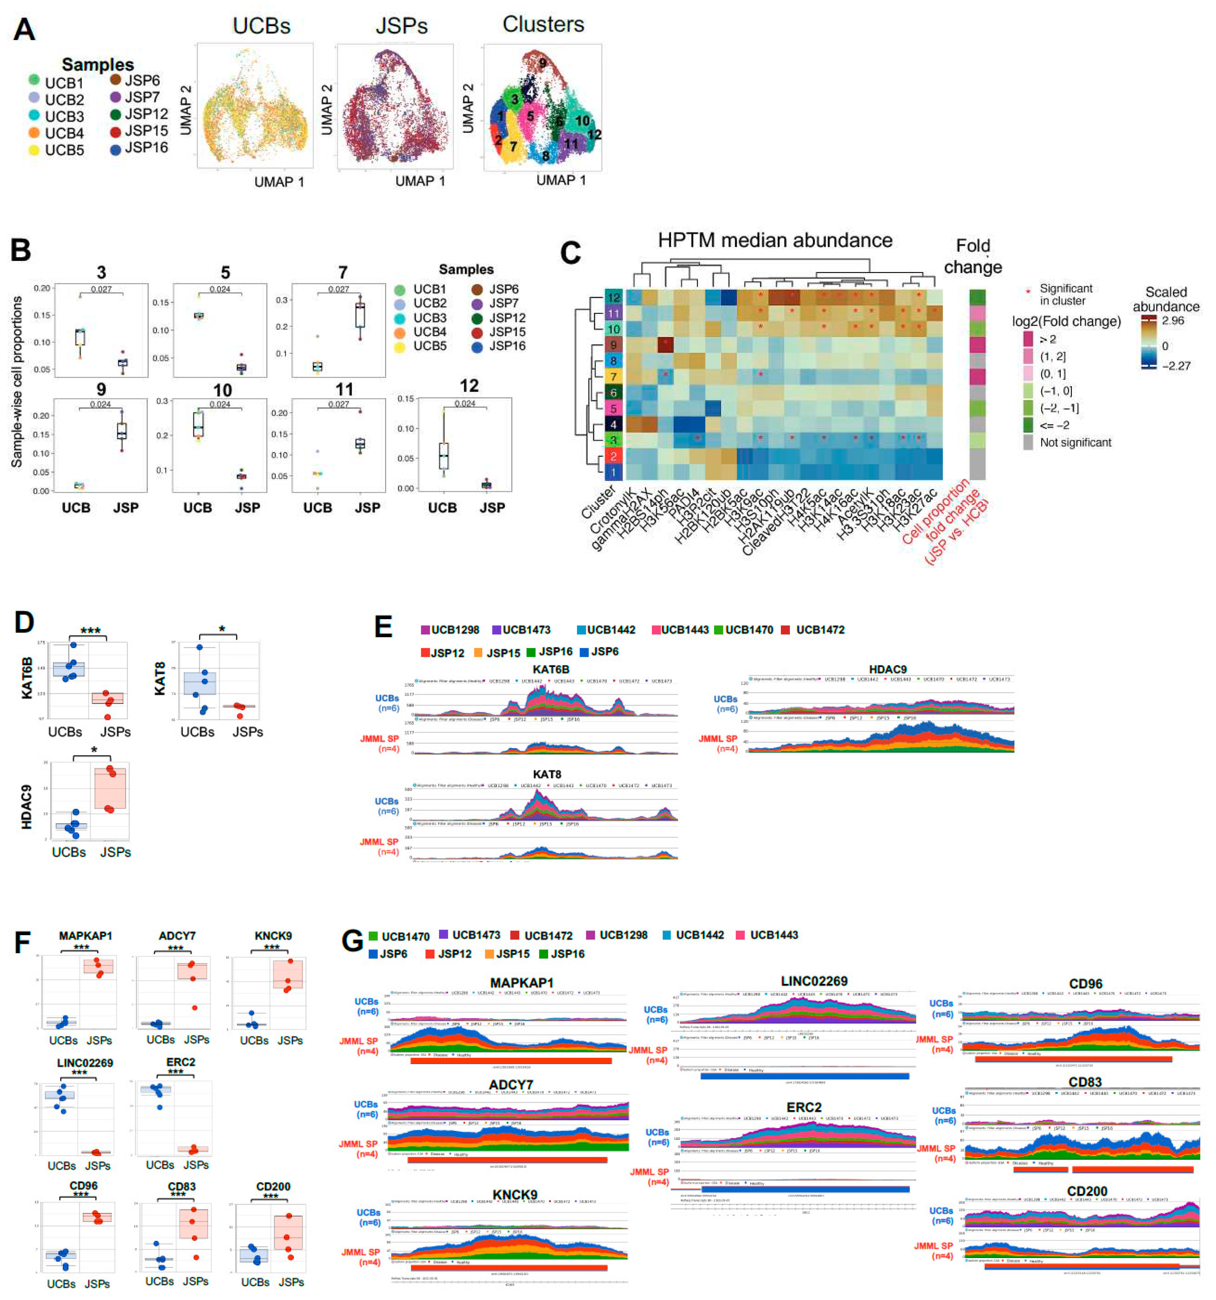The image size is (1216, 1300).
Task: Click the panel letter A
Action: point(24,29)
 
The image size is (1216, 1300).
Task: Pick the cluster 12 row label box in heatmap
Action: point(613,297)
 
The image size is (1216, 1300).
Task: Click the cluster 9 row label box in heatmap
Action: point(613,345)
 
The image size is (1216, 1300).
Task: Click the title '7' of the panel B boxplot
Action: point(343,272)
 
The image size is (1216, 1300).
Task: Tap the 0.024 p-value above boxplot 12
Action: point(465,404)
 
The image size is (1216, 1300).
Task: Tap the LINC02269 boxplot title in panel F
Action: point(85,1063)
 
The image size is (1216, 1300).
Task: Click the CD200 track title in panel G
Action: point(1087,1192)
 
